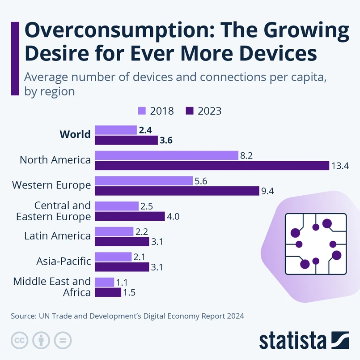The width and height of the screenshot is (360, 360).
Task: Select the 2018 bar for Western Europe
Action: [144, 180]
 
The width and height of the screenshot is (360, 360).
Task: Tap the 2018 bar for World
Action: [116, 130]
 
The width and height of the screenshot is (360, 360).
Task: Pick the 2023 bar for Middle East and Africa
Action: [108, 292]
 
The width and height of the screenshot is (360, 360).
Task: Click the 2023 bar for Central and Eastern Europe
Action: [130, 216]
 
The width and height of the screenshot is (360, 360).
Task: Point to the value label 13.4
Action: [340, 166]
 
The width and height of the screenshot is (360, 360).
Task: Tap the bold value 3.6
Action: [166, 141]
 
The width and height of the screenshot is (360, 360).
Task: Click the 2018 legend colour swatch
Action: [142, 111]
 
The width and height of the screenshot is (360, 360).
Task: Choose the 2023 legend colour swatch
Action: [189, 111]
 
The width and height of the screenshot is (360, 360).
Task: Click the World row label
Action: [75, 134]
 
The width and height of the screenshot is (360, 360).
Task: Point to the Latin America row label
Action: [58, 236]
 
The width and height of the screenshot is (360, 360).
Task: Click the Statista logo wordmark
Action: [293, 340]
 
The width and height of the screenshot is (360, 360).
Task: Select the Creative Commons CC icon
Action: [19, 340]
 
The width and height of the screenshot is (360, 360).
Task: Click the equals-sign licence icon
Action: [63, 340]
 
